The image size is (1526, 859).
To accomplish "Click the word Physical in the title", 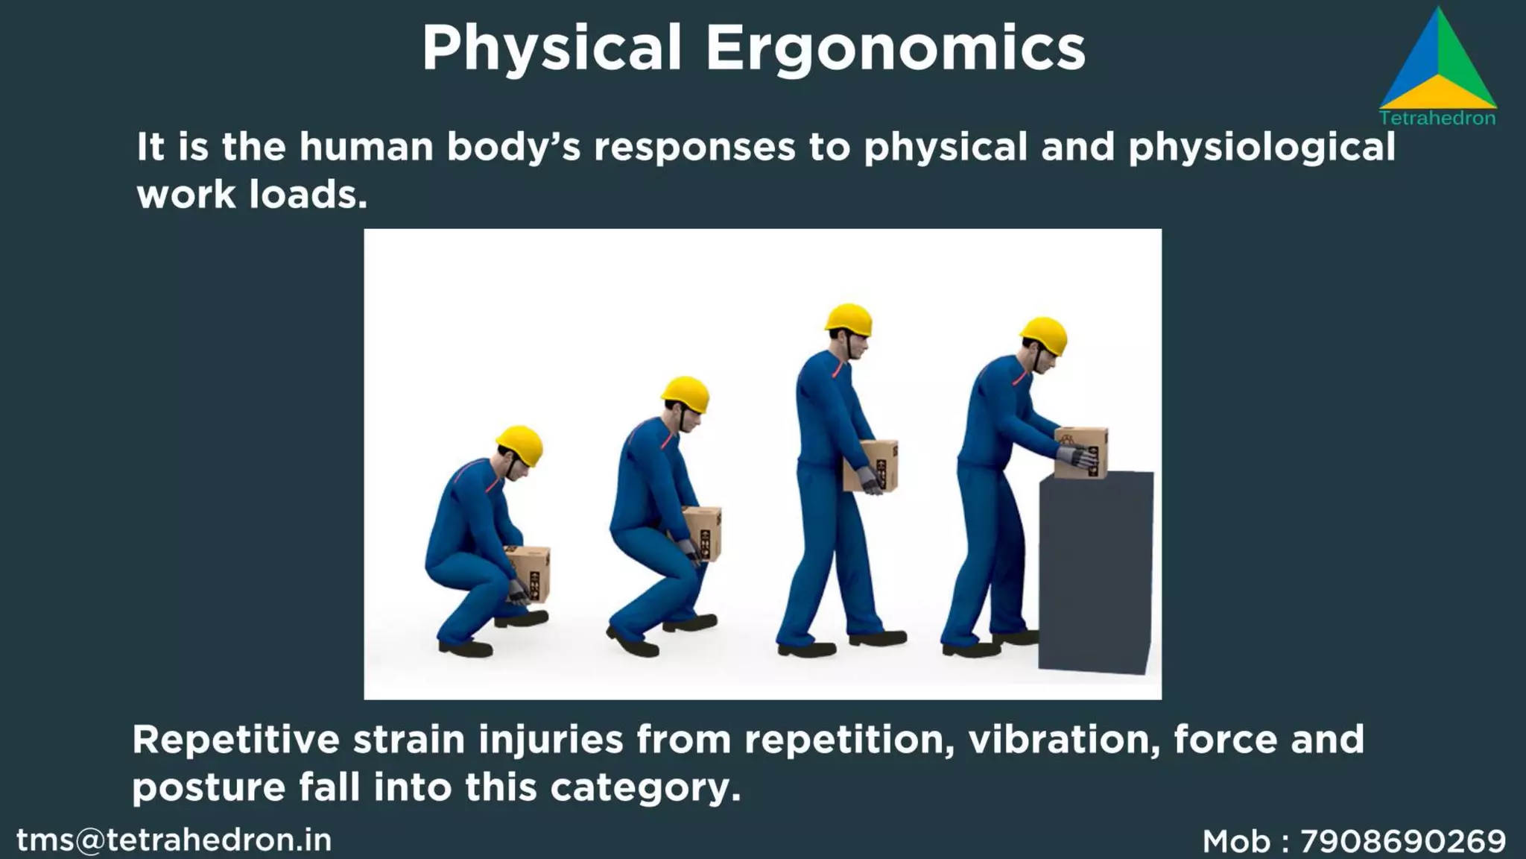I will (x=551, y=49).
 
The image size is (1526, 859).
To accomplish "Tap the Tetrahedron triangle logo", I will (x=1438, y=67).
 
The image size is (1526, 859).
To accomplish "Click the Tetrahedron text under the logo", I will (x=1437, y=118).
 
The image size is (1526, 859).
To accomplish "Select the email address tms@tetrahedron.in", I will (x=174, y=840).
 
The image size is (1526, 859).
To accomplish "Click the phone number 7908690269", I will (x=1403, y=842).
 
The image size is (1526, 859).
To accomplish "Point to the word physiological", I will (x=1261, y=148).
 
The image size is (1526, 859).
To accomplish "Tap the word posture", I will (x=209, y=787).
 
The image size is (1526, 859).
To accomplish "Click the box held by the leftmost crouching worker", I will (x=530, y=570).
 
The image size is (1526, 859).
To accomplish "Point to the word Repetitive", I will (x=235, y=740).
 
